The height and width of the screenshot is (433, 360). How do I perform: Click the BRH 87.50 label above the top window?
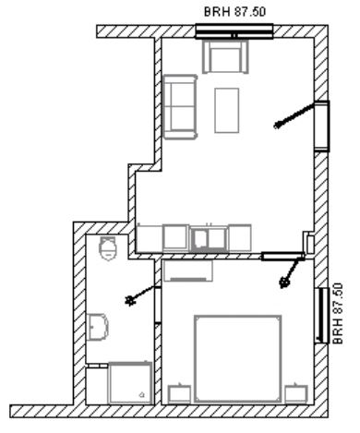(x=234, y=12)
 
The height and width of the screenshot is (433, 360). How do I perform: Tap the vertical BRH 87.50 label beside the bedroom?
(x=338, y=314)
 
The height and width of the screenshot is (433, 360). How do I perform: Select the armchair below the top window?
(x=225, y=57)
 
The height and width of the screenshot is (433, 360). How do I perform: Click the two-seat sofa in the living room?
(x=180, y=107)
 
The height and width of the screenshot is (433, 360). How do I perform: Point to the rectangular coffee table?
(x=227, y=111)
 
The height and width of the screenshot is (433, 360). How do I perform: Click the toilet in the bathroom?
(x=108, y=248)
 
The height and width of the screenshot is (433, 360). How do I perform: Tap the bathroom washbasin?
(x=98, y=327)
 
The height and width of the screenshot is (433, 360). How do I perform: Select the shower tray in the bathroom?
(x=130, y=383)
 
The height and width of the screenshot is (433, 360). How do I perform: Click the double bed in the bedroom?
(x=238, y=358)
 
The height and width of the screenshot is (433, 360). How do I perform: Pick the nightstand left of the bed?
(x=179, y=394)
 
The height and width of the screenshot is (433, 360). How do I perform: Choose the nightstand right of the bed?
(x=296, y=393)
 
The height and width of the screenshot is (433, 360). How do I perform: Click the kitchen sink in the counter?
(x=209, y=238)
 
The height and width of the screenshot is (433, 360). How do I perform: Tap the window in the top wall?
(x=234, y=31)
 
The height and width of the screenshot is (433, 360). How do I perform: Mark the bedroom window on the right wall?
(x=322, y=316)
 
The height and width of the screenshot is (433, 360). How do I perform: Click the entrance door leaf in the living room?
(x=294, y=114)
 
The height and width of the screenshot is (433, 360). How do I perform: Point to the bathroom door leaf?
(x=140, y=295)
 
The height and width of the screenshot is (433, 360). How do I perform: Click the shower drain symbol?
(x=141, y=394)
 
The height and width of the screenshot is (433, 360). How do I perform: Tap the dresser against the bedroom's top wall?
(x=188, y=271)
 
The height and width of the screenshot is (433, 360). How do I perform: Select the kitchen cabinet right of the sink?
(x=240, y=237)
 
